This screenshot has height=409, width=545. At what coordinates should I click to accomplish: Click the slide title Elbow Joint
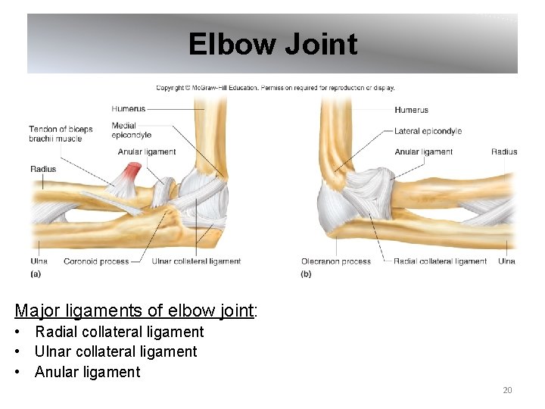click(272, 44)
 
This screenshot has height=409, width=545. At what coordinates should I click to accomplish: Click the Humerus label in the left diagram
click(129, 109)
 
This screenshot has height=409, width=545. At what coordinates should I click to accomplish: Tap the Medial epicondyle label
click(131, 130)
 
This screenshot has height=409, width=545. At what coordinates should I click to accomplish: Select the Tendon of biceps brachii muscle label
click(61, 133)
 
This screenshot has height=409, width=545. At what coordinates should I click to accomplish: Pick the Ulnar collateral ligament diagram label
click(196, 261)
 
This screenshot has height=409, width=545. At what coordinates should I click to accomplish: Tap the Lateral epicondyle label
click(428, 131)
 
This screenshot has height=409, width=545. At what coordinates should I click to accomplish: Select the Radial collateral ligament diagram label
click(440, 261)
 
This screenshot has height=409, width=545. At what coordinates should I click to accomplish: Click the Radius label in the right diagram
click(504, 151)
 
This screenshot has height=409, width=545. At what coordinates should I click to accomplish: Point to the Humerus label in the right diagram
click(411, 110)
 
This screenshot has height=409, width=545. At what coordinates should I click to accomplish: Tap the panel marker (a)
click(36, 273)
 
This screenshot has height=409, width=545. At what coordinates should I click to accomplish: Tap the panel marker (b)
click(306, 273)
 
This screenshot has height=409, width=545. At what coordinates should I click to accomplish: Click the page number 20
click(507, 390)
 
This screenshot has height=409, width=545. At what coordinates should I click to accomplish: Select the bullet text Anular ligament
click(87, 372)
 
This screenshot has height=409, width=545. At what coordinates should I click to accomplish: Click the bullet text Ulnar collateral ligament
click(115, 351)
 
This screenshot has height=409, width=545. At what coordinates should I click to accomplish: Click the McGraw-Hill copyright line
click(276, 88)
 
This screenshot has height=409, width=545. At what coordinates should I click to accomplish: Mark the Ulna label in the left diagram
click(39, 261)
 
